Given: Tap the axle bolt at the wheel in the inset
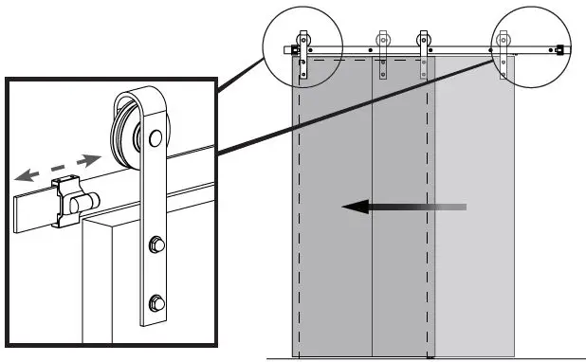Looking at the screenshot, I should pyautogui.click(x=152, y=142).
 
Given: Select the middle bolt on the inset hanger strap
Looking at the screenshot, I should pyautogui.click(x=154, y=249).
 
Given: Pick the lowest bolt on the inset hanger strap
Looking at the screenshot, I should pyautogui.click(x=155, y=306).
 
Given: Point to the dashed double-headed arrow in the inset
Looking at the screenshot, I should pyautogui.click(x=59, y=166).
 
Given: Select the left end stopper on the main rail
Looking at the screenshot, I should pyautogui.click(x=295, y=49).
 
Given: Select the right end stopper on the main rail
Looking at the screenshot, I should pyautogui.click(x=561, y=49).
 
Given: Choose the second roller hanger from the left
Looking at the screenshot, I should pyautogui.click(x=383, y=52).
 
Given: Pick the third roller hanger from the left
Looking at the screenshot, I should pyautogui.click(x=424, y=52).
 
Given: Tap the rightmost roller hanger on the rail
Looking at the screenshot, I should pyautogui.click(x=504, y=52).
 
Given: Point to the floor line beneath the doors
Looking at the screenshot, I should pyautogui.click(x=427, y=359).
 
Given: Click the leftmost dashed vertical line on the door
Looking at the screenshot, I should pyautogui.click(x=299, y=208).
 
